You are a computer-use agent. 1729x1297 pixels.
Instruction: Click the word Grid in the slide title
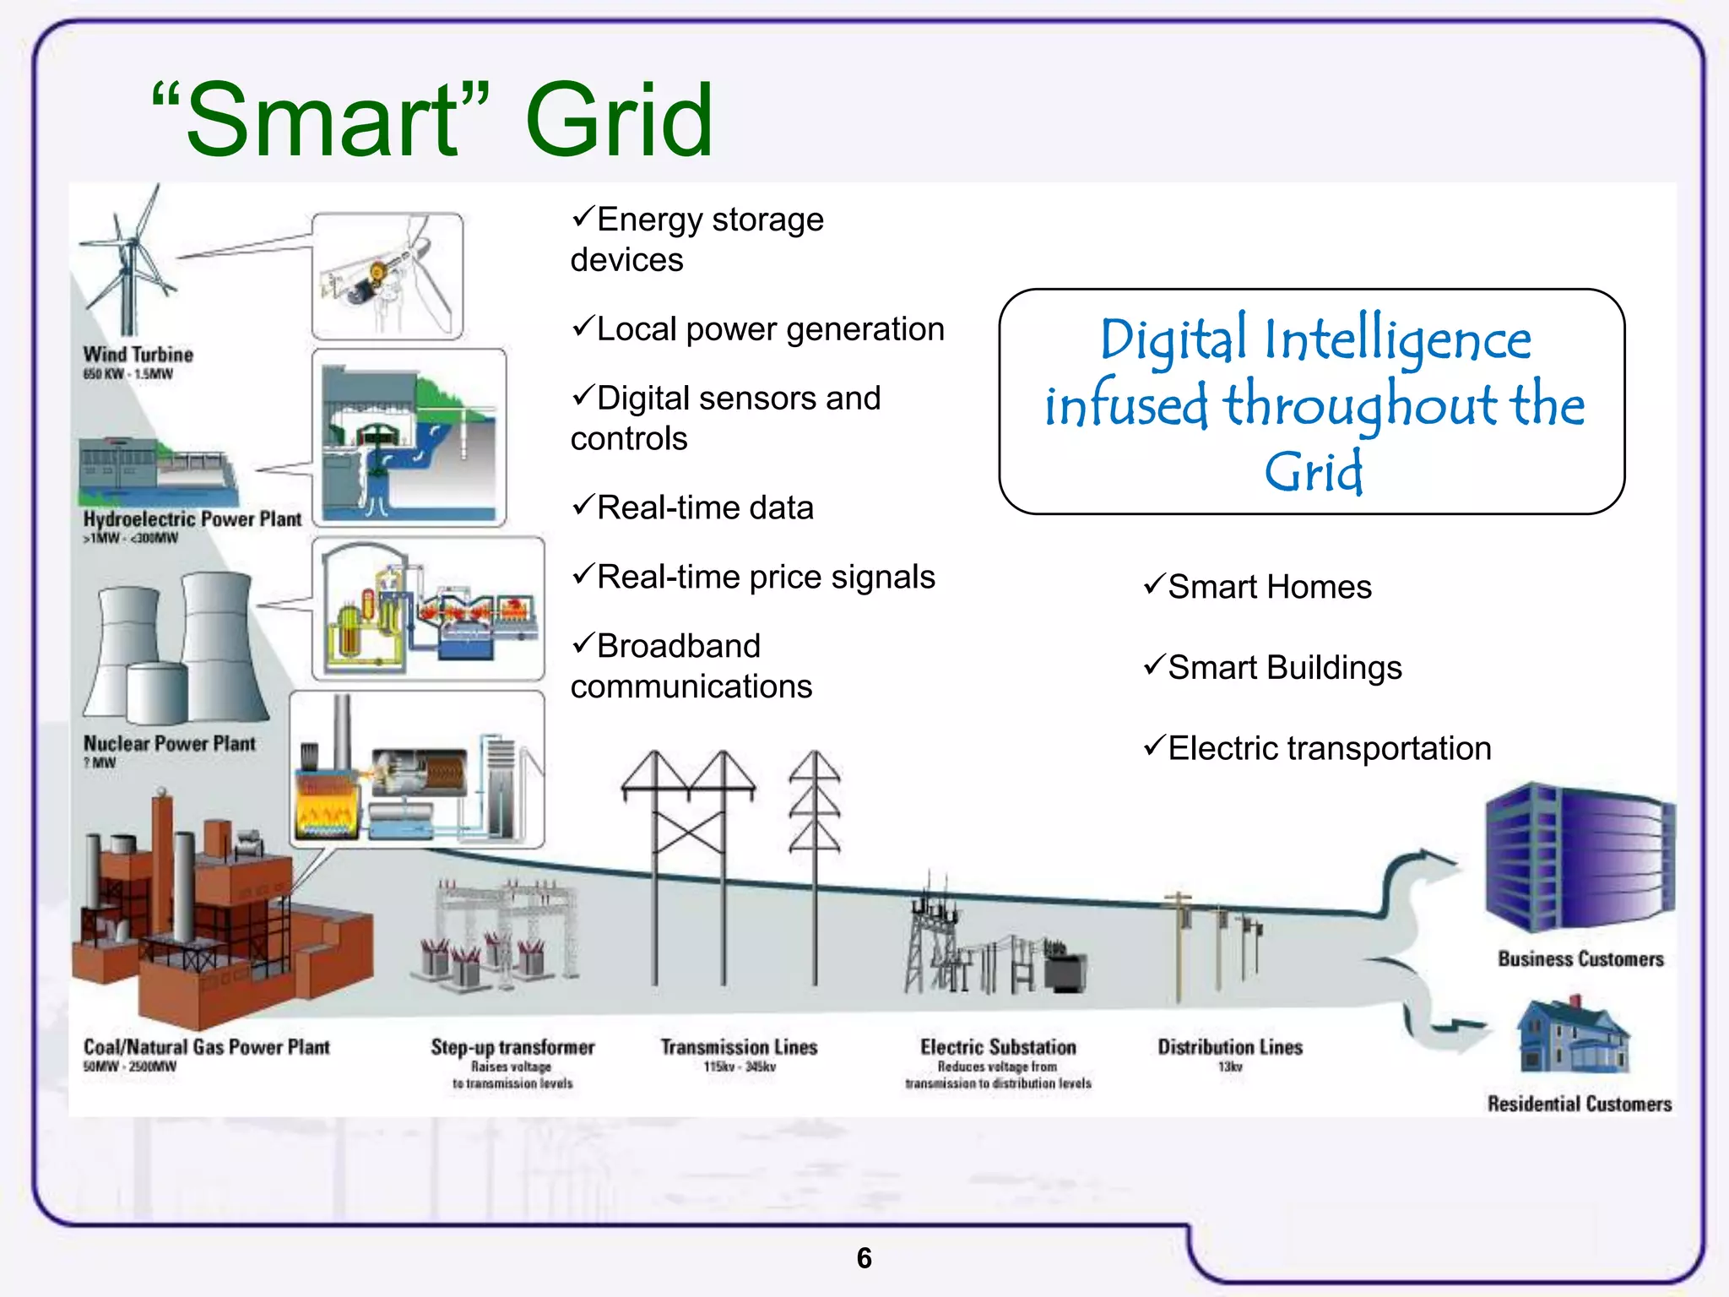click(619, 120)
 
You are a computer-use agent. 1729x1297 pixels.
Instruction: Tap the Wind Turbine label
click(138, 355)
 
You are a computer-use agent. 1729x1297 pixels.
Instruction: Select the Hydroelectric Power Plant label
click(192, 519)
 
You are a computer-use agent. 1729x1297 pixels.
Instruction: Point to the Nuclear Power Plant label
click(169, 744)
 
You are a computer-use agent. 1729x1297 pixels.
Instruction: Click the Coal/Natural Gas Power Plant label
click(206, 1047)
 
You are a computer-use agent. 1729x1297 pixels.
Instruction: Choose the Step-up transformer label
click(512, 1047)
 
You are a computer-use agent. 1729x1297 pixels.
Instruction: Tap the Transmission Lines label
click(739, 1047)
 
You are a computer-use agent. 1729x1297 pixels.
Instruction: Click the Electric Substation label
click(998, 1047)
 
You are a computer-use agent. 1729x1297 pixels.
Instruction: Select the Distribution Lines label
click(1230, 1047)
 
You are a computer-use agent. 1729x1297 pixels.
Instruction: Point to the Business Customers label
click(1580, 959)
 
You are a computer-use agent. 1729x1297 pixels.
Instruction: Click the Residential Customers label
click(1580, 1104)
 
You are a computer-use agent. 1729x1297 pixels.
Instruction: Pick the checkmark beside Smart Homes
click(1154, 584)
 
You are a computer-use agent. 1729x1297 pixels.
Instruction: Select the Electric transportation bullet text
click(1330, 748)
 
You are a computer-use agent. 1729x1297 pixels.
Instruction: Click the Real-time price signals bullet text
click(766, 578)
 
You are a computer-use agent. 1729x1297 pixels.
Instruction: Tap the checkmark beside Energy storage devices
click(583, 217)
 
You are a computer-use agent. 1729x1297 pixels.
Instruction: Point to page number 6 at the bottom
click(864, 1258)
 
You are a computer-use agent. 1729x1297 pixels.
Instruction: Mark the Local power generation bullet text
click(770, 329)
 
